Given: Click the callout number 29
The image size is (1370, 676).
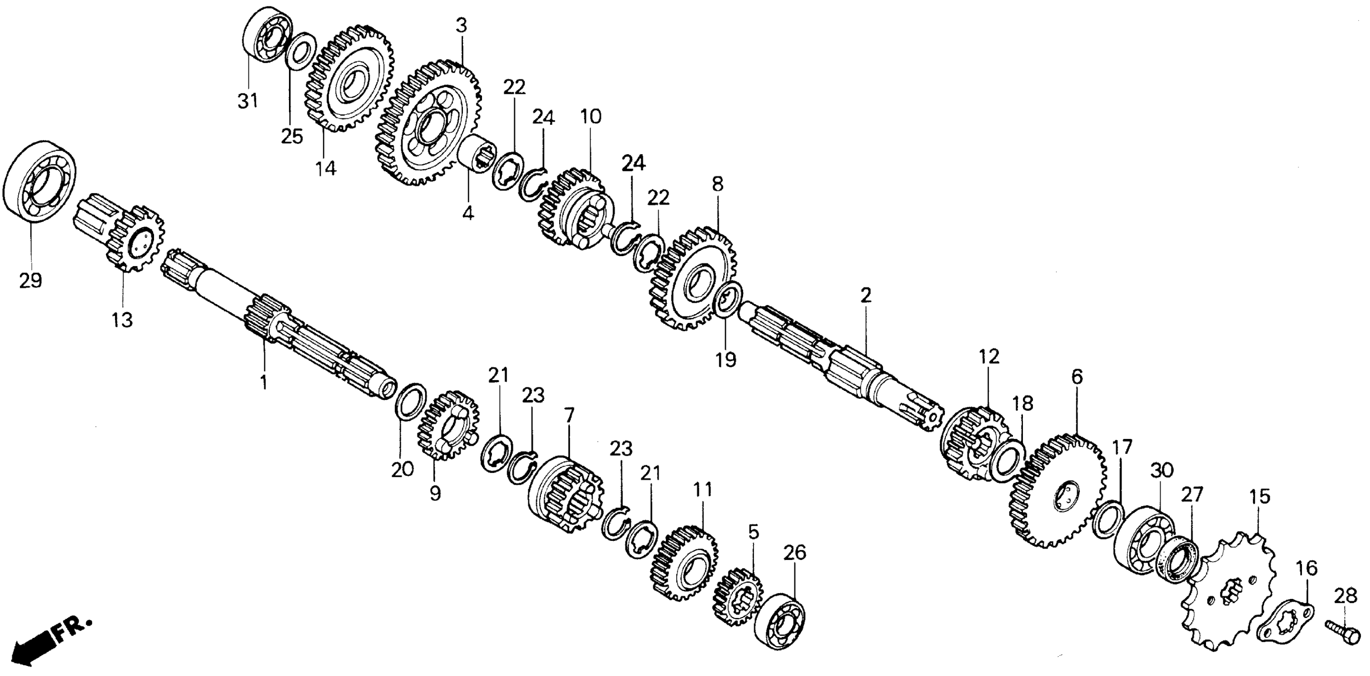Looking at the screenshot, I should coord(30,280).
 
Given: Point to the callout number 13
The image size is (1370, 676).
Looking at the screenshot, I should coord(122,320).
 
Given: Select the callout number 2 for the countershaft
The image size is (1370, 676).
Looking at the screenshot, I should coord(865,295).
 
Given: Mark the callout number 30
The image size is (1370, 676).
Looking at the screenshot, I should coord(1161,470).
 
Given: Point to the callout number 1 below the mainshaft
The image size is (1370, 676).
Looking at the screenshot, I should coord(263,382).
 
